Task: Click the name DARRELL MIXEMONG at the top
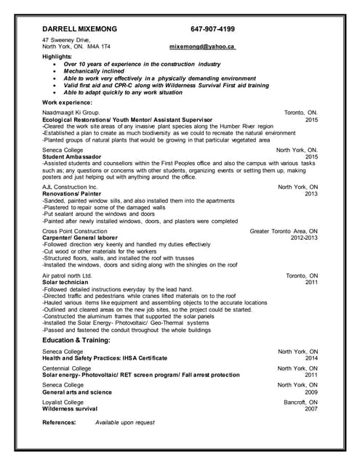pyautogui.click(x=79, y=29)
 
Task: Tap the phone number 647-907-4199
pyautogui.click(x=212, y=29)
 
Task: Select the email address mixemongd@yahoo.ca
pyautogui.click(x=202, y=46)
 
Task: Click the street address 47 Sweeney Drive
pyautogui.click(x=66, y=39)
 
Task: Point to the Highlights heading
pyautogui.click(x=57, y=56)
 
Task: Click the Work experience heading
pyautogui.click(x=73, y=102)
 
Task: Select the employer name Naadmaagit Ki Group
pyautogui.click(x=71, y=113)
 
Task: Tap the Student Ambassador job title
pyautogui.click(x=72, y=156)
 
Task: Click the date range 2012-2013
pyautogui.click(x=304, y=238)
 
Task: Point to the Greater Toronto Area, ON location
pyautogui.click(x=284, y=231)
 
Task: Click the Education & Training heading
pyautogui.click(x=76, y=339)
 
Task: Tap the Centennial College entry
pyautogui.click(x=67, y=368)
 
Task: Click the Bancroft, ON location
pyautogui.click(x=300, y=402)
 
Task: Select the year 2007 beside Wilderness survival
pyautogui.click(x=311, y=409)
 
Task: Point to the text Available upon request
pyautogui.click(x=125, y=422)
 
